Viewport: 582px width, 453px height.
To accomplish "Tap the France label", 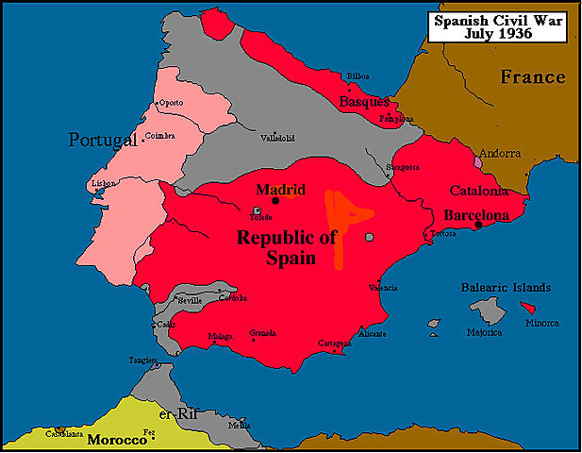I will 533,77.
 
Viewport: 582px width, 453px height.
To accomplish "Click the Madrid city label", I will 280,188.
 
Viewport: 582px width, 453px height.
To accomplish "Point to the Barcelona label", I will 476,214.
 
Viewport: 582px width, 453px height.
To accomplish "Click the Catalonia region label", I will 478,190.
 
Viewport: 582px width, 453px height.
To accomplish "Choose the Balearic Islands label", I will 506,287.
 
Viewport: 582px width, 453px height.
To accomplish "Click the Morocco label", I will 117,440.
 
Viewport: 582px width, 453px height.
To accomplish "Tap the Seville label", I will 190,300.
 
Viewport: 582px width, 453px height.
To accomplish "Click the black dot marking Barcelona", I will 479,225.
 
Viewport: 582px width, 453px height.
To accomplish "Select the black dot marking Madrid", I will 275,200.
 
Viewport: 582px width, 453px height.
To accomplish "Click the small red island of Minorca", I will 533,308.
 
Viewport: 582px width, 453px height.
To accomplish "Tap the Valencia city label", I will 382,287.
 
